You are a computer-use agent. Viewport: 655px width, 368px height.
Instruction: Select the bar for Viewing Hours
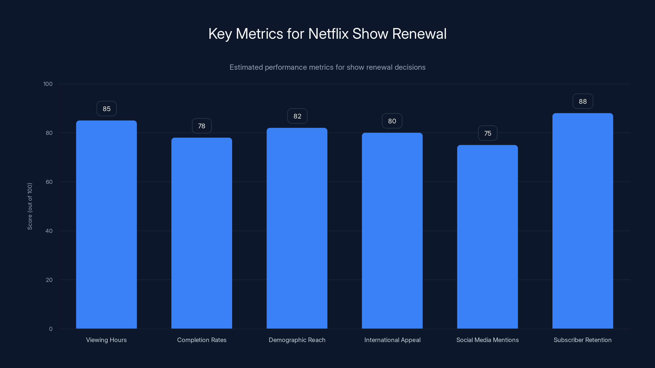pos(106,224)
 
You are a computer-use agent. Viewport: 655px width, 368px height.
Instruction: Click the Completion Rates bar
pos(202,233)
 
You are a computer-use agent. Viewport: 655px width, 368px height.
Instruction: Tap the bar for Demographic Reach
pos(297,228)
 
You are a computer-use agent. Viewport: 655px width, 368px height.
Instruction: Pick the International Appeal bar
pos(392,231)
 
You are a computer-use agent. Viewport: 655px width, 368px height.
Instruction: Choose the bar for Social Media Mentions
pos(487,237)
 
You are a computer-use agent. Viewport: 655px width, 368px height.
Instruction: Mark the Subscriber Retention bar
pos(583,221)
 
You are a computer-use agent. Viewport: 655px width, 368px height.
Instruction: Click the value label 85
pos(106,109)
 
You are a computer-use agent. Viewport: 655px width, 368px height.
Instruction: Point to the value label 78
pos(202,126)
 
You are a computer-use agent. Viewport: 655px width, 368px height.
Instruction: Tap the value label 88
pos(583,101)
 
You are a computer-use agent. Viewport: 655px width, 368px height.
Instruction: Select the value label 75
pos(487,133)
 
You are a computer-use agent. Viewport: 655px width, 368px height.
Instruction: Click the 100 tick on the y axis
pos(48,84)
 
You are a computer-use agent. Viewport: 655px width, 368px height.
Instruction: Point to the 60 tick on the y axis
pos(49,182)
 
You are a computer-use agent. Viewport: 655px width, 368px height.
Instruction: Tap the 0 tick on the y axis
pos(51,329)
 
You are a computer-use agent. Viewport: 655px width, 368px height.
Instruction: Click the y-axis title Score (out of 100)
pos(30,206)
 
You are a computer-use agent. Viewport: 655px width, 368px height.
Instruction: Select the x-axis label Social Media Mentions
pos(487,340)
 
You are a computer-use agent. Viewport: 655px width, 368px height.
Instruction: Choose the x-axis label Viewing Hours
pos(106,340)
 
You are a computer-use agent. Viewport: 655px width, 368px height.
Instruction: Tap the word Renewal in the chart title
pos(419,34)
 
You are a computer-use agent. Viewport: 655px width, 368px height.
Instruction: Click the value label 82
pos(297,116)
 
